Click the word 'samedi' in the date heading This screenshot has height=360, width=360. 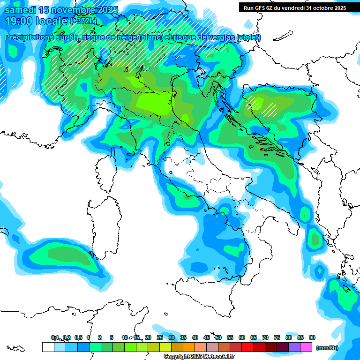coord(19,10)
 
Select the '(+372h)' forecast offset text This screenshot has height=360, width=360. coord(84,21)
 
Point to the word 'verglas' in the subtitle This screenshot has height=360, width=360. coord(220,37)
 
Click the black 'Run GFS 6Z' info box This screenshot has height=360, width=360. coord(295,8)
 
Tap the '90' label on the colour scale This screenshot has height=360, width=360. coord(312,337)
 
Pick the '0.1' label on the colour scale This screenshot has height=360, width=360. coord(55,337)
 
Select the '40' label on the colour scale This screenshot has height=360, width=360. coord(195,337)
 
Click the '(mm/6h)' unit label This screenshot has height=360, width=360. coord(327,348)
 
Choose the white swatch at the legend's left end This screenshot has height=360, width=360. coord(48,347)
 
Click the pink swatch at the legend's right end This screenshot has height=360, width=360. coord(307,347)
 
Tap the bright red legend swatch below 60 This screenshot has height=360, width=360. coord(247,347)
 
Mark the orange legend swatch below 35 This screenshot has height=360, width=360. coord(189,347)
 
